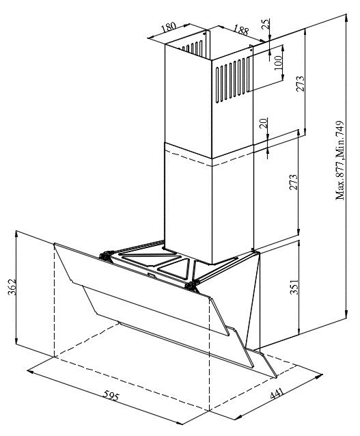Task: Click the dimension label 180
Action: pos(169,27)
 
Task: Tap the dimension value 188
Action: pos(240,30)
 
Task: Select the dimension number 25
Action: pos(266,24)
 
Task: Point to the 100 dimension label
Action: pos(278,63)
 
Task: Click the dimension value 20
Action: pos(264,122)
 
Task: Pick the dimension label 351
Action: pos(294,286)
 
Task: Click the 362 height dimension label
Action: pos(12,287)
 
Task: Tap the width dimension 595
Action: pos(111,395)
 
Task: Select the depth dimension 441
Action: pos(277,394)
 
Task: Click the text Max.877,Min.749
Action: pos(340,161)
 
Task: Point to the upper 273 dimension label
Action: pos(301,83)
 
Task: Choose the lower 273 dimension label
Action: pos(294,182)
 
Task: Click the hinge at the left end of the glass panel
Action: pos(106,256)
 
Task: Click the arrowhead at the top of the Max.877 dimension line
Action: pos(346,17)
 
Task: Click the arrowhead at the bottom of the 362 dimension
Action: pos(16,340)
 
